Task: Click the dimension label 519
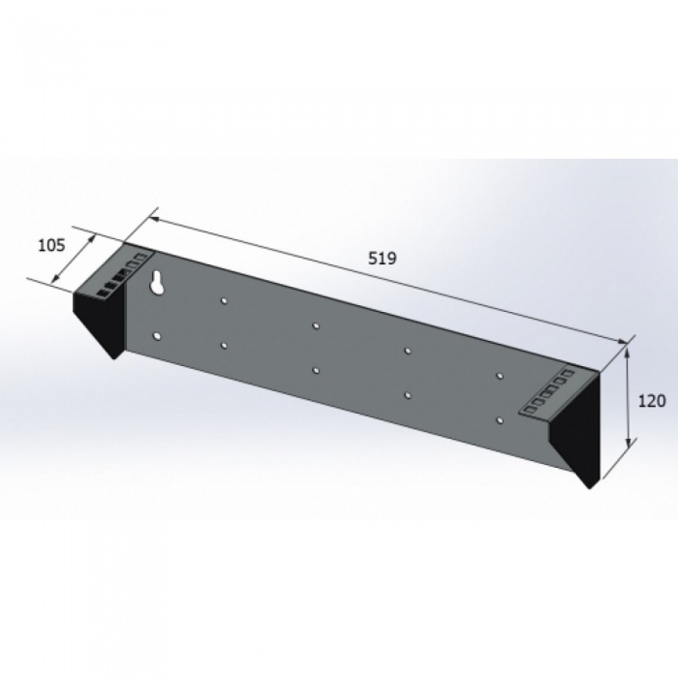383,259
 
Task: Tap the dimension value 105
52,245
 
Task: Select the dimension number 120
652,402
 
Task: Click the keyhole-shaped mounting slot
156,283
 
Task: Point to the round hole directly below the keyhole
157,336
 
